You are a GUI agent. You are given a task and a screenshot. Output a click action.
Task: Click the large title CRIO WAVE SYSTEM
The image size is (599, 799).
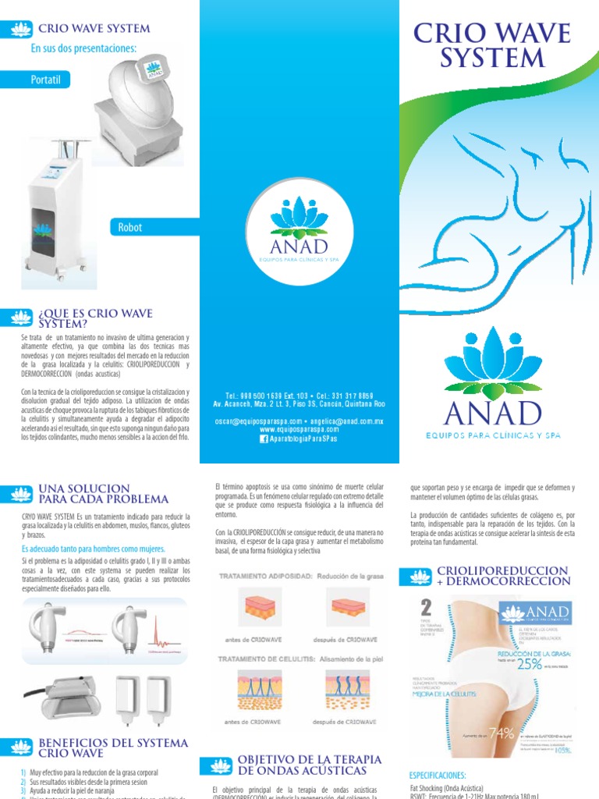click(x=491, y=45)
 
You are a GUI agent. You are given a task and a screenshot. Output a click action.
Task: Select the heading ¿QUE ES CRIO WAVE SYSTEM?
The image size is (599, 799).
click(x=82, y=318)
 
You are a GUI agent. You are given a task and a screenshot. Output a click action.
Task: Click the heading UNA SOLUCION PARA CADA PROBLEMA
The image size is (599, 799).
click(x=103, y=493)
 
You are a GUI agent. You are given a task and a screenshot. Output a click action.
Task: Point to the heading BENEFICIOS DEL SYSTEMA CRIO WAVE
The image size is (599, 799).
click(x=112, y=748)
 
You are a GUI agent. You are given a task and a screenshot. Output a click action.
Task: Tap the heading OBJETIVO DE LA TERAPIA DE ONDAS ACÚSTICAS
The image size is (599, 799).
click(x=309, y=765)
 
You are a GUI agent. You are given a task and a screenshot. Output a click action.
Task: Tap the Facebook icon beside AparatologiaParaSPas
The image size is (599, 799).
click(x=264, y=439)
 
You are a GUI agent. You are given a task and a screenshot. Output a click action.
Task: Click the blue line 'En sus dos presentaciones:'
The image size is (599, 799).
click(x=83, y=49)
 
